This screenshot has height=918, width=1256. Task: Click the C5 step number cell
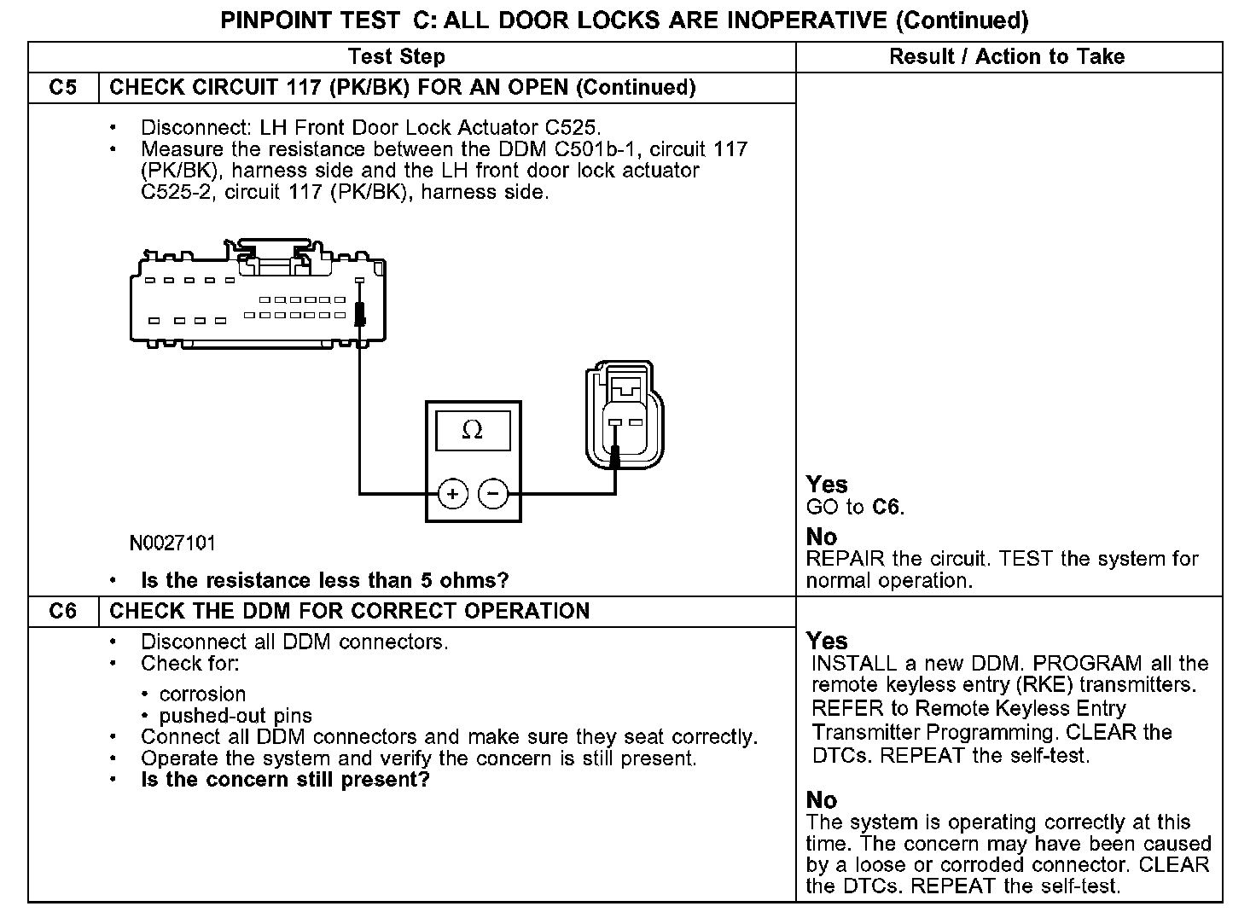click(x=63, y=88)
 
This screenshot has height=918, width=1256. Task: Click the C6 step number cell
click(x=63, y=612)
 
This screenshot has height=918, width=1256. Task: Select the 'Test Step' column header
click(x=397, y=57)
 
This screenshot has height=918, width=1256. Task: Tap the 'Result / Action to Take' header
click(x=1007, y=57)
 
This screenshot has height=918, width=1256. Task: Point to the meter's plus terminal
click(x=453, y=494)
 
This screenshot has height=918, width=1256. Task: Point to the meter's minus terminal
click(x=493, y=494)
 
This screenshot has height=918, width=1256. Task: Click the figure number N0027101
click(x=172, y=543)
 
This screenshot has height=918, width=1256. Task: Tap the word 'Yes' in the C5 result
click(x=827, y=485)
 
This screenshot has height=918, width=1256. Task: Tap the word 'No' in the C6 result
click(x=822, y=800)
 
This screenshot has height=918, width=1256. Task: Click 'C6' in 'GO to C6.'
click(x=887, y=508)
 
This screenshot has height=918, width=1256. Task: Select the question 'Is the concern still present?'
click(x=285, y=780)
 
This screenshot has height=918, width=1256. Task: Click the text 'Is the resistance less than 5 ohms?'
click(x=324, y=581)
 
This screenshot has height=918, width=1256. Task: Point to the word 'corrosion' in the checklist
click(x=202, y=694)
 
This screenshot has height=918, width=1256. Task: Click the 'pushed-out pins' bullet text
click(x=235, y=716)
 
